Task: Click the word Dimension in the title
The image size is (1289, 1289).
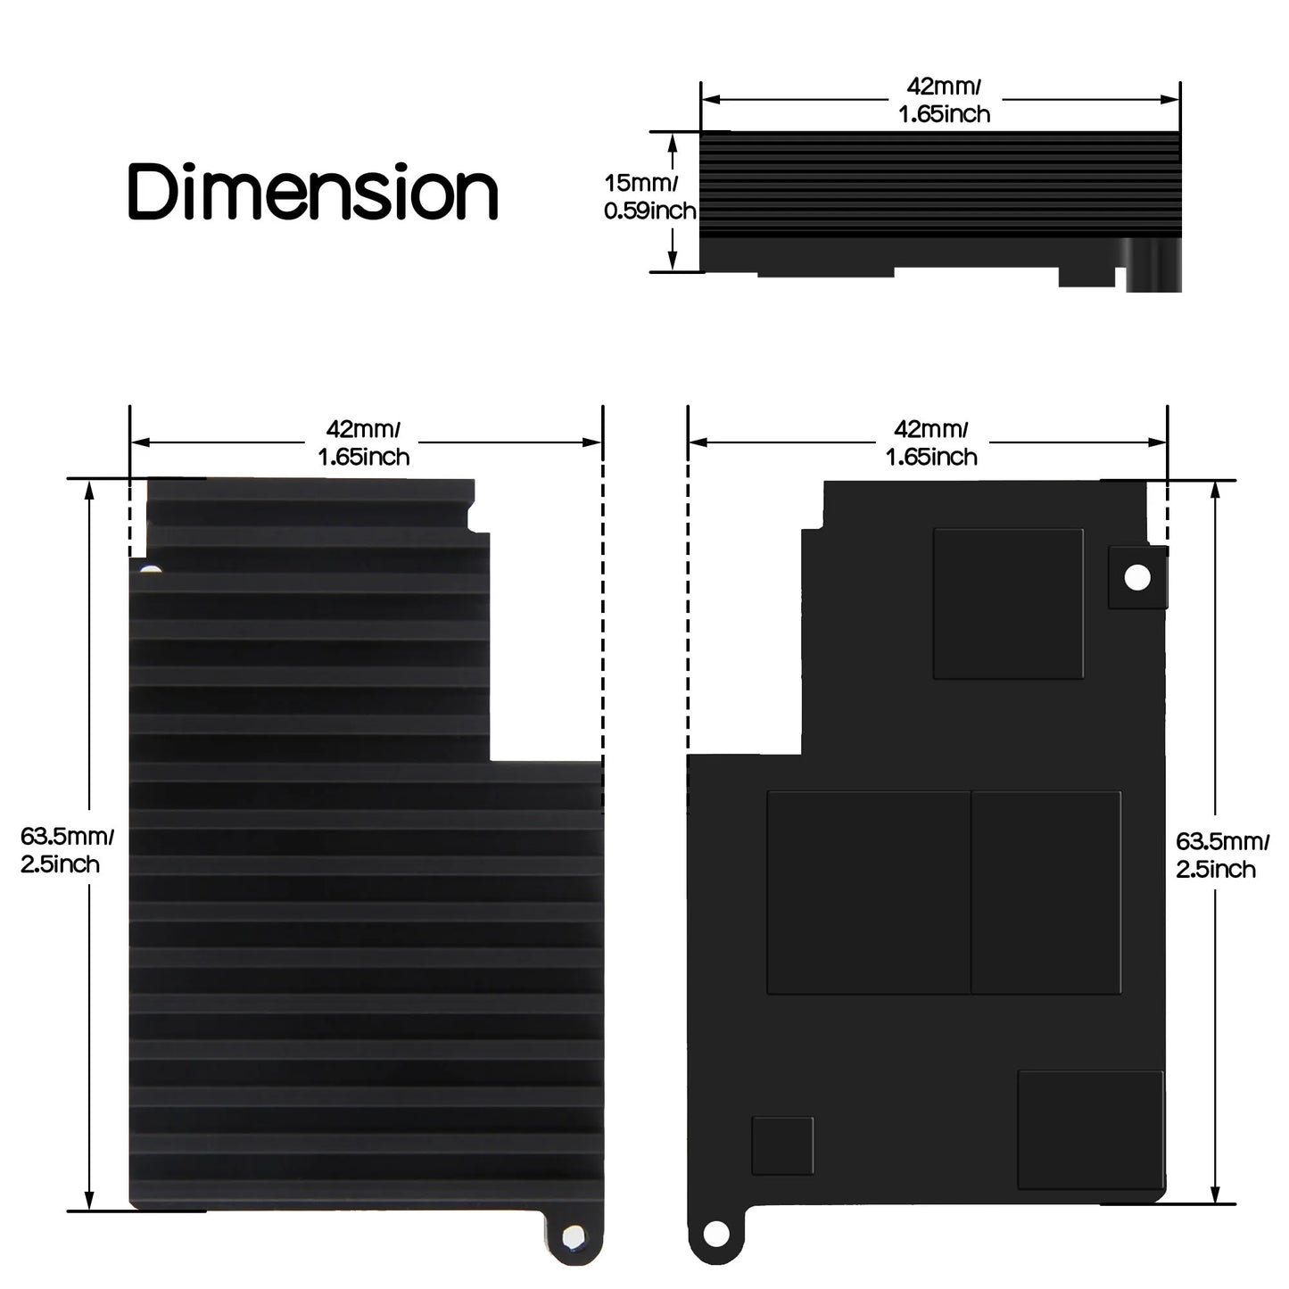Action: point(313,191)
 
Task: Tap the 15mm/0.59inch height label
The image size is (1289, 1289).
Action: point(649,197)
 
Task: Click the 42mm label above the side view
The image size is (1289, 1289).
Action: point(944,100)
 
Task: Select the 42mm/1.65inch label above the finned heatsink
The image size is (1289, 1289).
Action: point(363,443)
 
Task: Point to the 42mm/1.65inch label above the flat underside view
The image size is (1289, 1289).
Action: point(930,443)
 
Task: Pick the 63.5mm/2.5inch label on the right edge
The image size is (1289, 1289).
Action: point(1220,855)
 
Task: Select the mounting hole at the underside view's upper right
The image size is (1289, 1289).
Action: point(1137,577)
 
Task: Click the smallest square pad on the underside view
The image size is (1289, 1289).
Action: point(782,1145)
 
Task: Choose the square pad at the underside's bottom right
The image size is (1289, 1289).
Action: point(1090,1129)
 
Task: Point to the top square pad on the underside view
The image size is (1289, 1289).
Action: point(1008,603)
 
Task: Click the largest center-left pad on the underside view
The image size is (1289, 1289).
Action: point(868,892)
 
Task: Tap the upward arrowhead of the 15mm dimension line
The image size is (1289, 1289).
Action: point(673,139)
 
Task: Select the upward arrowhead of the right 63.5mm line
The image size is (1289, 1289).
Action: point(1216,490)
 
